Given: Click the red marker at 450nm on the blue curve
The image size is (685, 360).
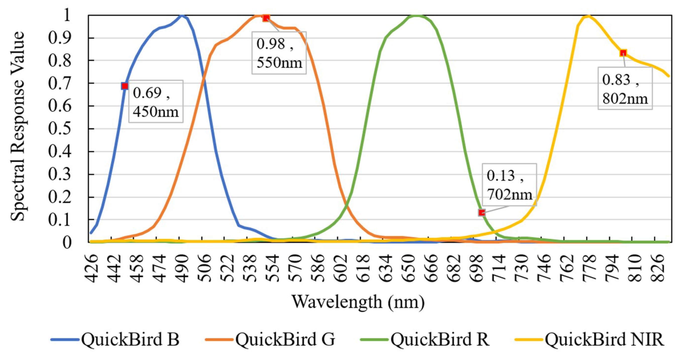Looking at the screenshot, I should click(x=125, y=86).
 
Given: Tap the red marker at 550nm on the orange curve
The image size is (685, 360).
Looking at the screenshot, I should click(x=266, y=18).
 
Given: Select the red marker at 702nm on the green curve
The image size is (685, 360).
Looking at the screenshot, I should click(x=482, y=213).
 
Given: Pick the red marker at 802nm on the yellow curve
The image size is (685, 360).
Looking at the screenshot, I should click(x=623, y=53).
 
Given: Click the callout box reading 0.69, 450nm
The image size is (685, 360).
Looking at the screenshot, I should click(x=156, y=101).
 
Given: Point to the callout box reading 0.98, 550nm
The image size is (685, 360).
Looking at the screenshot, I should click(x=279, y=53).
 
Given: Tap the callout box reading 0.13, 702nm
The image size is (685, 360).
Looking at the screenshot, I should click(x=509, y=185).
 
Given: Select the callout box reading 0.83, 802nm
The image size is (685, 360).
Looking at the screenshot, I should click(x=625, y=88).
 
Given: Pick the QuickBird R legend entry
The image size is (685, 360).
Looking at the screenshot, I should click(x=425, y=339).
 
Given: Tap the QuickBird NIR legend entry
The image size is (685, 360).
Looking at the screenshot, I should click(x=589, y=339).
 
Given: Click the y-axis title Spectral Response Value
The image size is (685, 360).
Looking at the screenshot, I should click(x=18, y=126).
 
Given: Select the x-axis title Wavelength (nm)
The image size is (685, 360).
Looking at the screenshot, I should click(x=358, y=302).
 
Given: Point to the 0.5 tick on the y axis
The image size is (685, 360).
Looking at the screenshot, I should click(x=60, y=129).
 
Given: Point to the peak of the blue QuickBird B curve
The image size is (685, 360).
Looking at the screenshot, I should click(x=182, y=15).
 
